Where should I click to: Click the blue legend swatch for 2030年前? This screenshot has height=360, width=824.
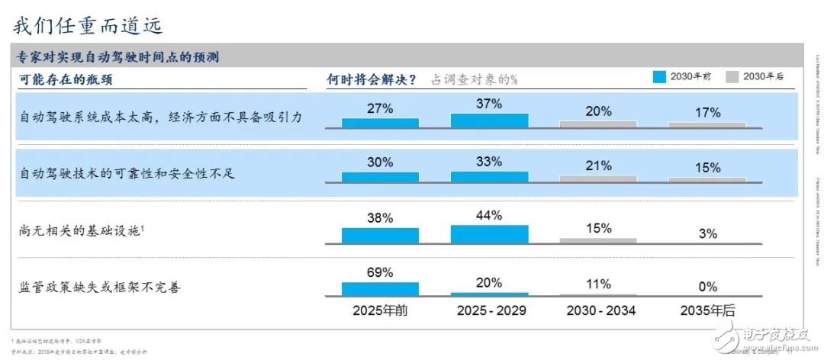click(x=658, y=76)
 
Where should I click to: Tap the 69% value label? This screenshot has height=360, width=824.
click(x=380, y=272)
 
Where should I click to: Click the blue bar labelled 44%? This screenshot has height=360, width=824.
click(x=489, y=234)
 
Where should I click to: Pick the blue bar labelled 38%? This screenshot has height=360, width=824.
click(x=380, y=236)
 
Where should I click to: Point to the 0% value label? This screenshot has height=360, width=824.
click(x=707, y=287)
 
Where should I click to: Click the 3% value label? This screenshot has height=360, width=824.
click(x=707, y=234)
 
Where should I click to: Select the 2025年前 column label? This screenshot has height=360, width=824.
click(x=380, y=310)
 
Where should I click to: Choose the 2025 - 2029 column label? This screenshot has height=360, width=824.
click(x=491, y=310)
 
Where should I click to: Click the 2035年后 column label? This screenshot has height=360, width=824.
click(x=707, y=310)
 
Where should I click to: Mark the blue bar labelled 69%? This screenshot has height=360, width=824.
click(x=380, y=289)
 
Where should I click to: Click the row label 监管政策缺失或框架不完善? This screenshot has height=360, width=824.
click(x=99, y=288)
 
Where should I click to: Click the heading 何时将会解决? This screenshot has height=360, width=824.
click(x=372, y=79)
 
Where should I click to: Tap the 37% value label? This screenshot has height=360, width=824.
click(x=489, y=104)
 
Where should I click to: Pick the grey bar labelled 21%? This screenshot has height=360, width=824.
click(x=598, y=178)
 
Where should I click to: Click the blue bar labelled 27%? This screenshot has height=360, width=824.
click(x=380, y=122)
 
